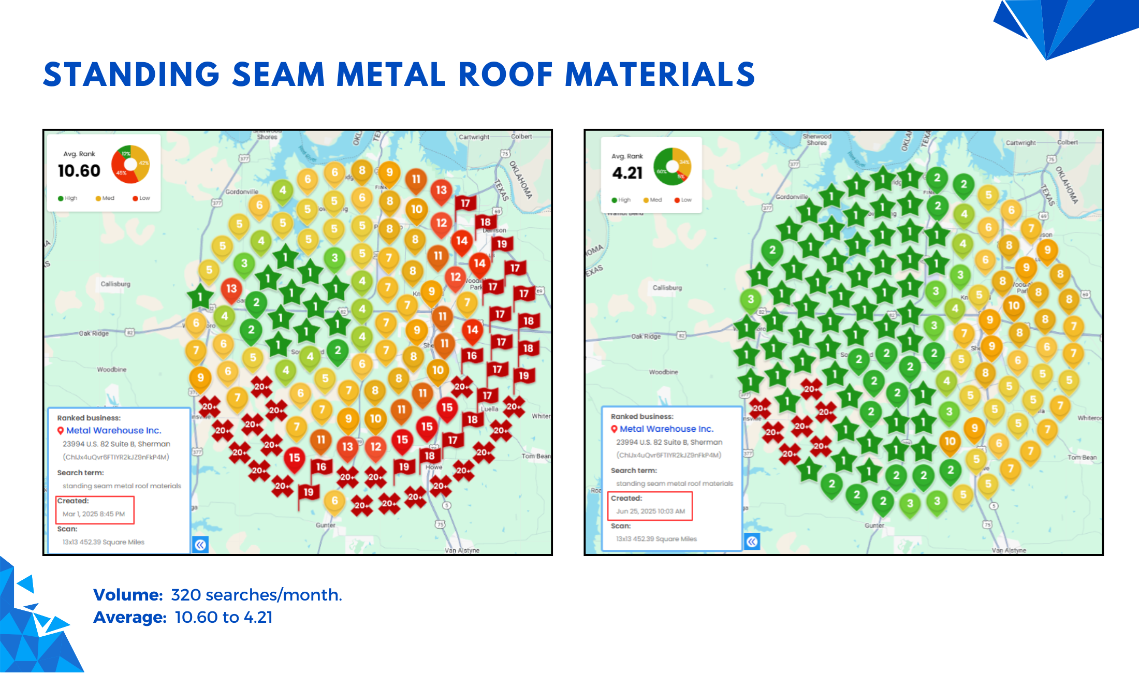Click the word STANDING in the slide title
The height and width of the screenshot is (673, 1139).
click(x=132, y=75)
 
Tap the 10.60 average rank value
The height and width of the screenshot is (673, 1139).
click(x=79, y=171)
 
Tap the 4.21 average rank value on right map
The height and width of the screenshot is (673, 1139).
click(x=627, y=173)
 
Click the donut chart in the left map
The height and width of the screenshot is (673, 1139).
click(x=130, y=164)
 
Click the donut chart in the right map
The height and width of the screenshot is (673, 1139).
click(x=672, y=166)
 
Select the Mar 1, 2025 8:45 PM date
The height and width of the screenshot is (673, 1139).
click(x=94, y=514)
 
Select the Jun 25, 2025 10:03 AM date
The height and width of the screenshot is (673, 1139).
click(x=650, y=511)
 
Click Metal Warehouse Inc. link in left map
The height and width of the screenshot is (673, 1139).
click(x=113, y=430)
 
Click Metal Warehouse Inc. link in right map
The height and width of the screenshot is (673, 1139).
click(x=666, y=429)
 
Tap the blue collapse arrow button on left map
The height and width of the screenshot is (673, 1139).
click(x=200, y=545)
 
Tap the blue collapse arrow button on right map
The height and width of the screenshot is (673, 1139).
click(x=752, y=542)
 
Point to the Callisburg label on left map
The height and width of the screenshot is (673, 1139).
click(x=115, y=284)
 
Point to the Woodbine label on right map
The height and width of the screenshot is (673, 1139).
click(x=663, y=372)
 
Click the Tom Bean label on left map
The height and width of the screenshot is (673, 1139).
click(x=535, y=456)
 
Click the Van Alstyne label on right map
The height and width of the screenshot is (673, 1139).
click(x=1009, y=550)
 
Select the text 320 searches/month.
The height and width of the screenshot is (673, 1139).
click(x=256, y=595)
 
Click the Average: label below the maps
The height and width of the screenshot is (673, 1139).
click(x=129, y=618)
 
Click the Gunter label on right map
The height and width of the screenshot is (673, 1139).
click(x=874, y=525)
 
